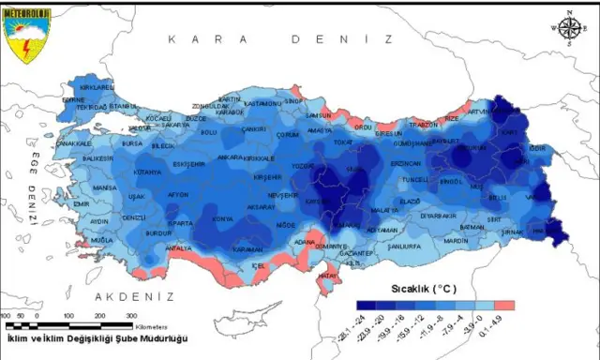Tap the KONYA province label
tap(223, 219)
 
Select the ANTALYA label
tap(178, 248)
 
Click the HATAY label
tap(329, 276)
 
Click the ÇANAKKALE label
tap(75, 144)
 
